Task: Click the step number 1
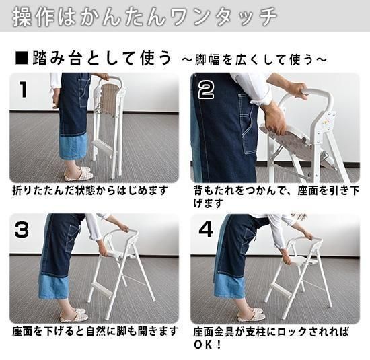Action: pos(23,89)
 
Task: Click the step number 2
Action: pos(206,90)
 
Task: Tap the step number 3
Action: pos(22,229)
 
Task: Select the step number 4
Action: pos(206,229)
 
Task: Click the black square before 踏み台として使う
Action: pos(22,59)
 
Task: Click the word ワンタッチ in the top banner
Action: pos(223,17)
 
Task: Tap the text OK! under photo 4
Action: pos(207,345)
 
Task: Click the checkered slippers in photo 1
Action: pos(77,174)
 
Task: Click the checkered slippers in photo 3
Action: pos(73,314)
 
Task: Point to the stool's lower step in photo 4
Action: pos(282,289)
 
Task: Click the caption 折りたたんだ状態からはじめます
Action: pos(90,190)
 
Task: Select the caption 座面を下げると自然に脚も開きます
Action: pos(95,331)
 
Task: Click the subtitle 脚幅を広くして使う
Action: pos(255,59)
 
